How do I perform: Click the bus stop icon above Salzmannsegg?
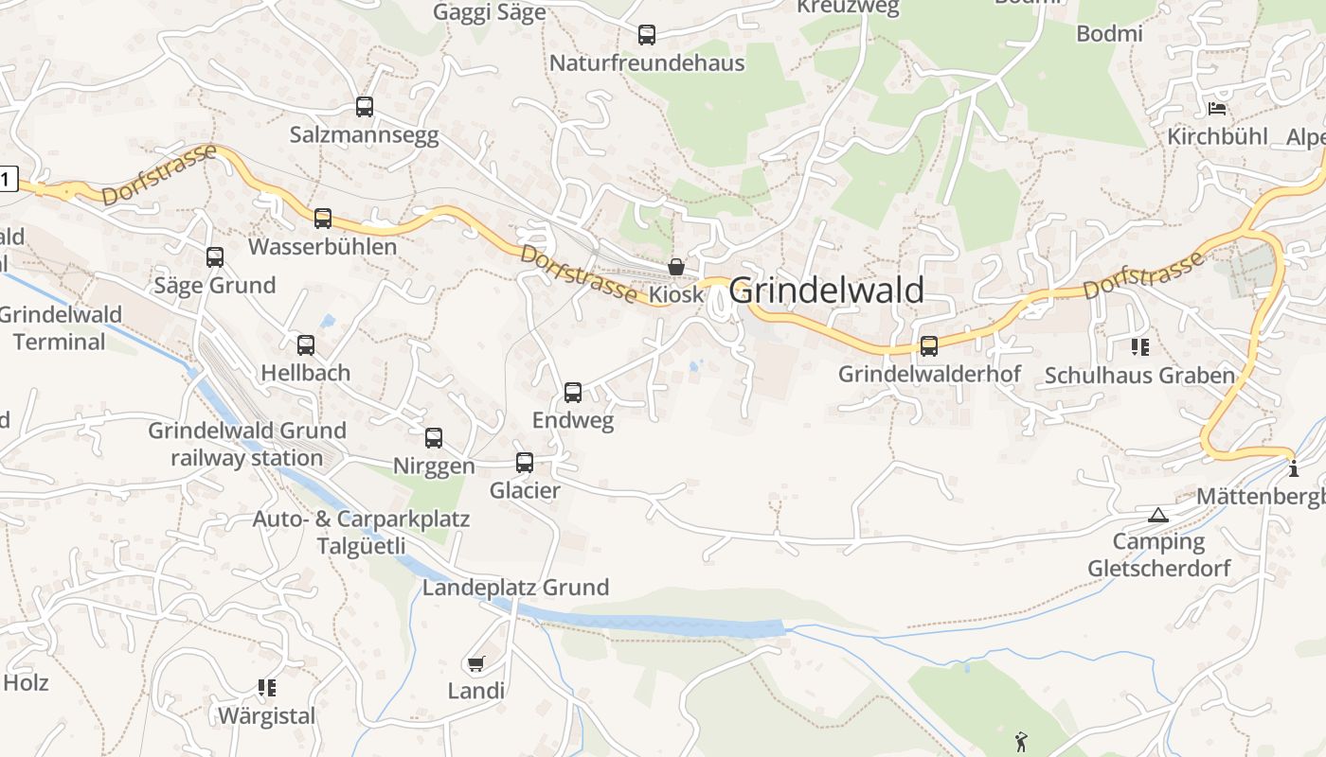tap(365, 107)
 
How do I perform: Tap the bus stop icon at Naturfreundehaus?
tap(647, 35)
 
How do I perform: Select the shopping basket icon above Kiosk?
tap(676, 267)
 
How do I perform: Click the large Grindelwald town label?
tap(826, 290)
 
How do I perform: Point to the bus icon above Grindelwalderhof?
tap(929, 346)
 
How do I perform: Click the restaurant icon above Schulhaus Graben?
tap(1140, 347)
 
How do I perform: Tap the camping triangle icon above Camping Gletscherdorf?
tap(1157, 515)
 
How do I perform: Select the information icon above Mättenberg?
tap(1294, 468)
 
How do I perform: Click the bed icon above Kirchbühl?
tap(1217, 108)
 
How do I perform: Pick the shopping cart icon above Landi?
tap(475, 663)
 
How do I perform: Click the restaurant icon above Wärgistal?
tap(266, 688)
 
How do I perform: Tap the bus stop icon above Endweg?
tap(573, 392)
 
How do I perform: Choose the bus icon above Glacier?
tap(525, 463)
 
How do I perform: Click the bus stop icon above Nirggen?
tap(434, 438)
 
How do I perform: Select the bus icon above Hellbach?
tap(306, 345)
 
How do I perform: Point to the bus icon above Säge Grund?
tap(215, 257)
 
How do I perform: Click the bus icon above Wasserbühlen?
tap(323, 219)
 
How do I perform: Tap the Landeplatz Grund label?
tap(515, 588)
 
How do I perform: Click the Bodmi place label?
tap(1109, 33)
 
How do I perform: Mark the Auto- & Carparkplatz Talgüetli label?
tap(361, 533)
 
